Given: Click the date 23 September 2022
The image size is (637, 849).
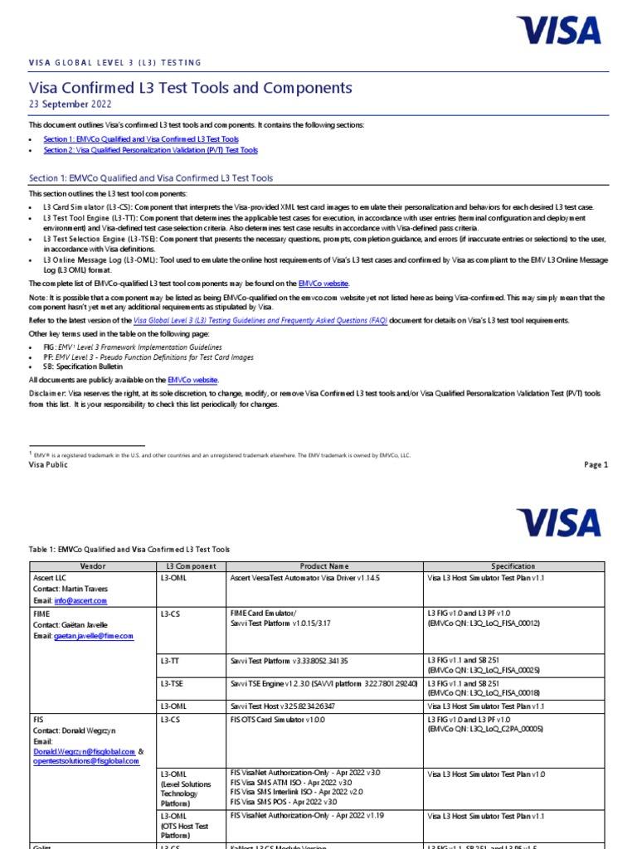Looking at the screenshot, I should pyautogui.click(x=70, y=104).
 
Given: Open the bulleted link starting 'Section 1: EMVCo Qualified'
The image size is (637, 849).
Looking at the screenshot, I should pyautogui.click(x=141, y=139).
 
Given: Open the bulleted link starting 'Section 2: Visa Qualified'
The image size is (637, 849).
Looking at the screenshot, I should pyautogui.click(x=150, y=150).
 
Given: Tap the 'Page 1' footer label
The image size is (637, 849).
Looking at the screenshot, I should pyautogui.click(x=596, y=465).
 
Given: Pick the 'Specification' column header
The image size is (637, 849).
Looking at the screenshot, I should pyautogui.click(x=513, y=566).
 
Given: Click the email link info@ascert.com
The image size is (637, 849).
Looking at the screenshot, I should pyautogui.click(x=81, y=600).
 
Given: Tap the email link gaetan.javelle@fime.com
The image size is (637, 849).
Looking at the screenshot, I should pyautogui.click(x=94, y=636).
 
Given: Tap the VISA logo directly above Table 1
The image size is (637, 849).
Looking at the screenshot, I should pyautogui.click(x=557, y=522).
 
